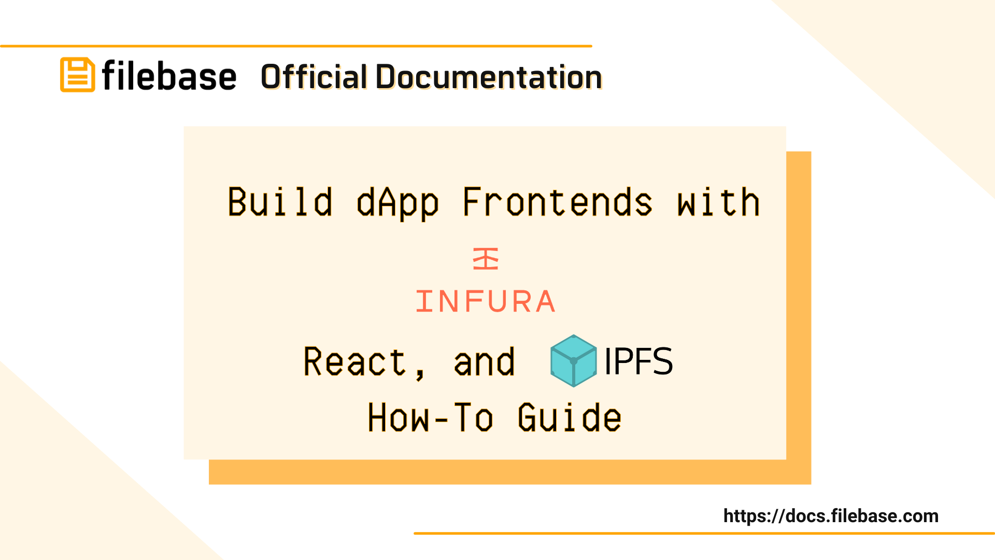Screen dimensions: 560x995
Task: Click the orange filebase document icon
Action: click(77, 75)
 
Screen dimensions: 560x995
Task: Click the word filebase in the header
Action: click(169, 76)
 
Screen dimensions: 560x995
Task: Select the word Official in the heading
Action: click(314, 77)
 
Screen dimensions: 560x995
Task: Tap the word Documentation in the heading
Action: click(488, 77)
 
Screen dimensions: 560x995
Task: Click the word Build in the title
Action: click(280, 202)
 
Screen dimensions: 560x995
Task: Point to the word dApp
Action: click(397, 203)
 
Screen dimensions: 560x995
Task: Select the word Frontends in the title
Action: click(557, 202)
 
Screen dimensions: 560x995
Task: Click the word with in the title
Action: click(718, 202)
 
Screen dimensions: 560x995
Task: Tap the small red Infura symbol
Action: click(486, 259)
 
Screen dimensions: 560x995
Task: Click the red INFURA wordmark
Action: click(486, 301)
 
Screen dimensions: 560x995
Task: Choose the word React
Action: click(354, 361)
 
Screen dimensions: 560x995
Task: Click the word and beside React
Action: click(484, 362)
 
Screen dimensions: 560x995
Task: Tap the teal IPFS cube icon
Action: click(573, 361)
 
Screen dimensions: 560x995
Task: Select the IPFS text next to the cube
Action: click(638, 361)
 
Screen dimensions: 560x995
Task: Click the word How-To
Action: click(430, 417)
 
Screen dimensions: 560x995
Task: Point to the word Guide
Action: click(570, 417)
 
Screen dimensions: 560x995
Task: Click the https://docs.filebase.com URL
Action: click(831, 516)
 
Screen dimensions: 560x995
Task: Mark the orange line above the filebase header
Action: click(296, 46)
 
